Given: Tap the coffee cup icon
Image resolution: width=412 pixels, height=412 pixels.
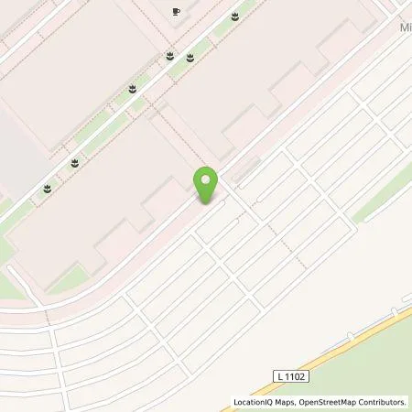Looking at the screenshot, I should click(177, 12).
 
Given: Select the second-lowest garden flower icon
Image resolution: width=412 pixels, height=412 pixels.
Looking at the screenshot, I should click(73, 163).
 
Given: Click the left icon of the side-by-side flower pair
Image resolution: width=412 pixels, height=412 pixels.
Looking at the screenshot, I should click(170, 57).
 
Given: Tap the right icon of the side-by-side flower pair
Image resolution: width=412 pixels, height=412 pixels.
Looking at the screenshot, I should click(190, 58).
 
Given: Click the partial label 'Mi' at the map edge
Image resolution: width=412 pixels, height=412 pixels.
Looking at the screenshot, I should click(405, 29).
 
